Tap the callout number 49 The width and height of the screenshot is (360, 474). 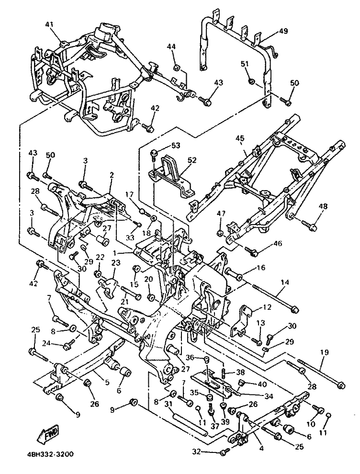point(283,32)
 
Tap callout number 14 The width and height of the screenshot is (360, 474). point(284,283)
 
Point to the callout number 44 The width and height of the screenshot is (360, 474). point(172,46)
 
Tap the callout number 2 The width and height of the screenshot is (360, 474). point(111,176)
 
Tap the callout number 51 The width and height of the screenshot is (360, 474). point(245,64)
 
